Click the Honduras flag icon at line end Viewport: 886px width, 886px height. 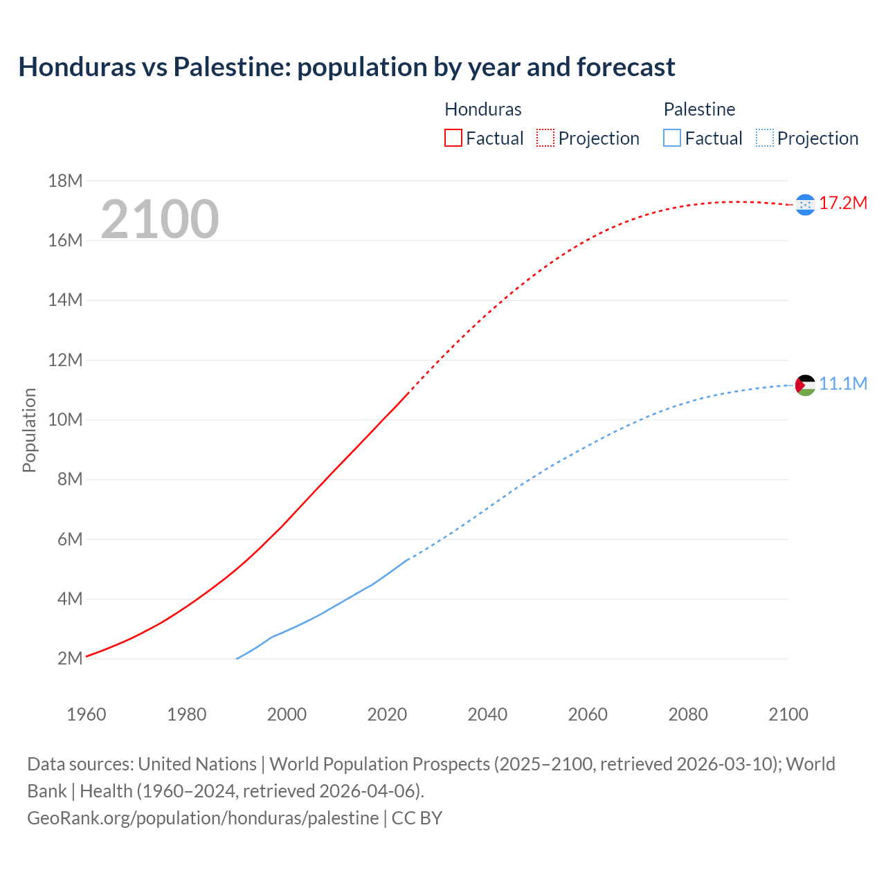coord(805,204)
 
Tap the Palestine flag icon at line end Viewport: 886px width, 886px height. coord(805,385)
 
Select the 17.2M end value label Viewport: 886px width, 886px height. coord(843,203)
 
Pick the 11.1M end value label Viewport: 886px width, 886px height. coord(843,383)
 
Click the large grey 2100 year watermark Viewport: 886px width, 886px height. coord(160,219)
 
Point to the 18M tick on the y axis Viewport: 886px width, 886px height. coord(65,181)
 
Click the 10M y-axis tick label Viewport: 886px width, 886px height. coord(65,419)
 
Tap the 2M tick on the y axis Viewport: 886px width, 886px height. coord(70,658)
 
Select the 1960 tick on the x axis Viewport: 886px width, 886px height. coord(87,714)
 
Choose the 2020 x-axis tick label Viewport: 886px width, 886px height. coord(387,714)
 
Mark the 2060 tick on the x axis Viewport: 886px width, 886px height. coord(588,714)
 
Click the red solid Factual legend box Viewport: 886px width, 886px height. coord(453,138)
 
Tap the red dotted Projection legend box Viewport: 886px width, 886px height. coord(545,138)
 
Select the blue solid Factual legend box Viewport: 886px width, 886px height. coord(671,138)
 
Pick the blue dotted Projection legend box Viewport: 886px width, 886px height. coord(764,138)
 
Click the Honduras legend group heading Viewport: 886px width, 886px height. coord(482,109)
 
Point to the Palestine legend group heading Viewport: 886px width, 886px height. coord(699,109)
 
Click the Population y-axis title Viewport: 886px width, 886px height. coord(29,430)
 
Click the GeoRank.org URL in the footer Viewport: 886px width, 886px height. coord(203,817)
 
